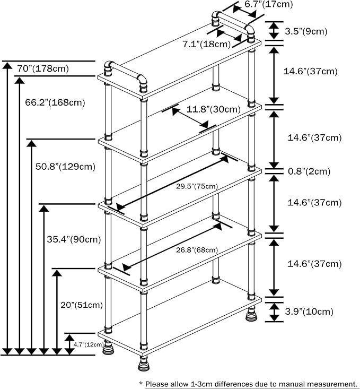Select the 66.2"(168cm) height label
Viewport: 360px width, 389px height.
pos(55,101)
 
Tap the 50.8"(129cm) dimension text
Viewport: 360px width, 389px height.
pos(65,166)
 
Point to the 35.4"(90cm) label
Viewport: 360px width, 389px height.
pos(74,239)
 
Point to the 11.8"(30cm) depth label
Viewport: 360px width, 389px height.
pos(214,110)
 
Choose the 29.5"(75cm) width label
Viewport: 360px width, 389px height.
pos(197,186)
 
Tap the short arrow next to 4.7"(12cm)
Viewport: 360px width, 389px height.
pos(69,345)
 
